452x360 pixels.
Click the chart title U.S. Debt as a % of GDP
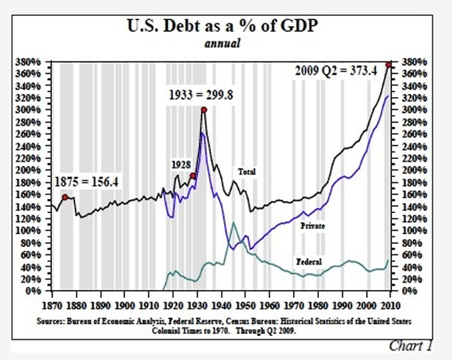click(x=226, y=27)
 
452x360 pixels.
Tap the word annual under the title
click(x=226, y=44)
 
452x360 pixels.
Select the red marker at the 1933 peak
click(x=204, y=110)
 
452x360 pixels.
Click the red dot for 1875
click(x=65, y=197)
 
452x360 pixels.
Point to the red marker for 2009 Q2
click(x=388, y=65)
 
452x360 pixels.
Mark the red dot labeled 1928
click(x=192, y=176)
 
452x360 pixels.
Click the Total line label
click(x=247, y=172)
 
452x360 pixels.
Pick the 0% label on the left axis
click(x=38, y=291)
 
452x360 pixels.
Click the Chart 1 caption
click(x=412, y=345)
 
